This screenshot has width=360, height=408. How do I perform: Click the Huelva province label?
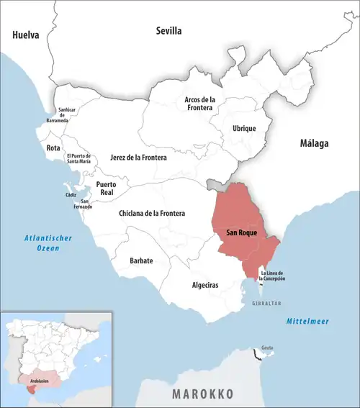(26, 35)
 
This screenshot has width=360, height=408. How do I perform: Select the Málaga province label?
(314, 144)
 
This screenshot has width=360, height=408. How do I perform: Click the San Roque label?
(242, 234)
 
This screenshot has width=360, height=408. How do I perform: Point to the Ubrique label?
(244, 128)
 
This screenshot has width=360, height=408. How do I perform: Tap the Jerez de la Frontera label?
(138, 157)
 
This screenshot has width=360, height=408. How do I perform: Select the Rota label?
(53, 148)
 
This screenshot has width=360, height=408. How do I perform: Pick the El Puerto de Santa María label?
(78, 160)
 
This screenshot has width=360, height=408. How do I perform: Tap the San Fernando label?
(86, 204)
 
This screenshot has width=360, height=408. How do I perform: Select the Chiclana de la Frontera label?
(151, 214)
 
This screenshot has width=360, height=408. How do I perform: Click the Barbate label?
(141, 260)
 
